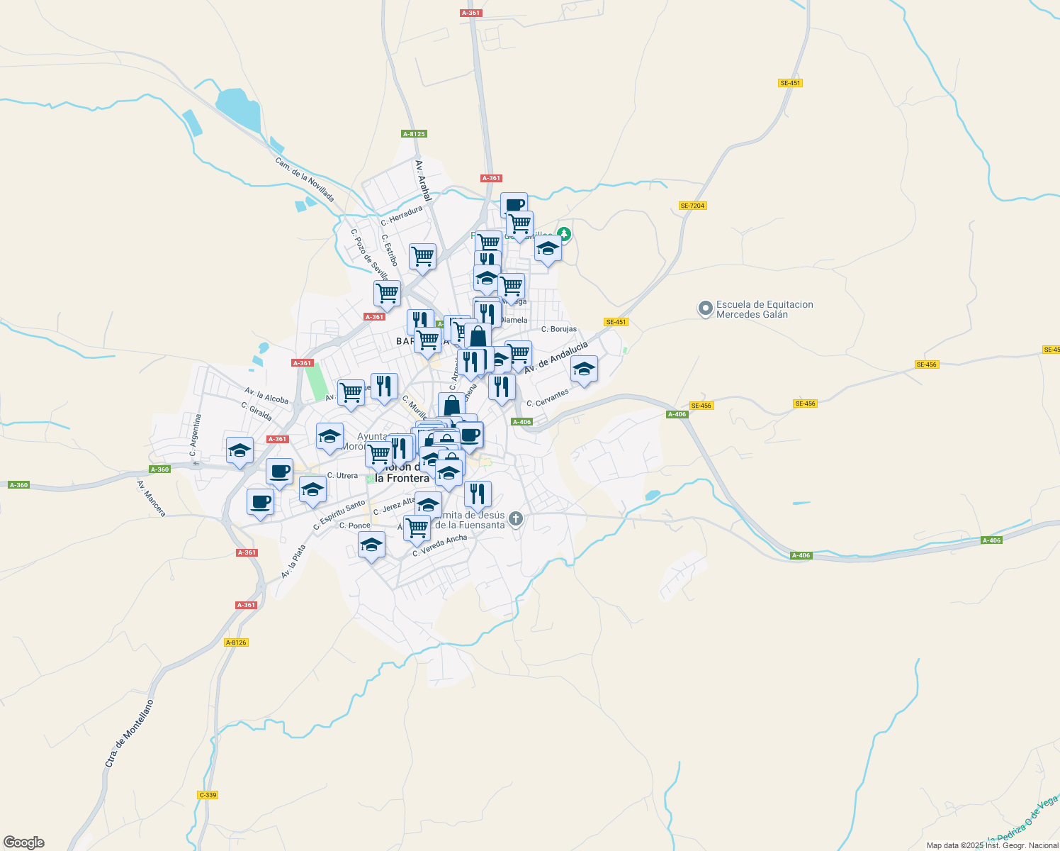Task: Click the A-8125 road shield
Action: tap(414, 134)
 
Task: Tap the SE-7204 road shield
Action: tap(692, 206)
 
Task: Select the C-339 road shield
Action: tap(208, 795)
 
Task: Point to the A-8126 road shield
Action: tap(236, 643)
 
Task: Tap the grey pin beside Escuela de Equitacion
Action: tap(705, 308)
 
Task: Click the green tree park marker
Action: tap(563, 233)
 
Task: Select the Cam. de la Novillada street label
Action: tap(305, 179)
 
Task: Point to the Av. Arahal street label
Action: tap(423, 179)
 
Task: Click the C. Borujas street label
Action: tap(559, 329)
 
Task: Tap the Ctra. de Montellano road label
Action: tap(129, 733)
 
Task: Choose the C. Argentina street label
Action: tap(196, 435)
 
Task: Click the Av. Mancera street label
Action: tap(152, 498)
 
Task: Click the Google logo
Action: tap(23, 842)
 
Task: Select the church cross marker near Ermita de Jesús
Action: tap(516, 519)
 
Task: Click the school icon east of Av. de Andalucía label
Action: tap(584, 369)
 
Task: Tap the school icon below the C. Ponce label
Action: tap(371, 545)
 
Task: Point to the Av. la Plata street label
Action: tap(293, 561)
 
